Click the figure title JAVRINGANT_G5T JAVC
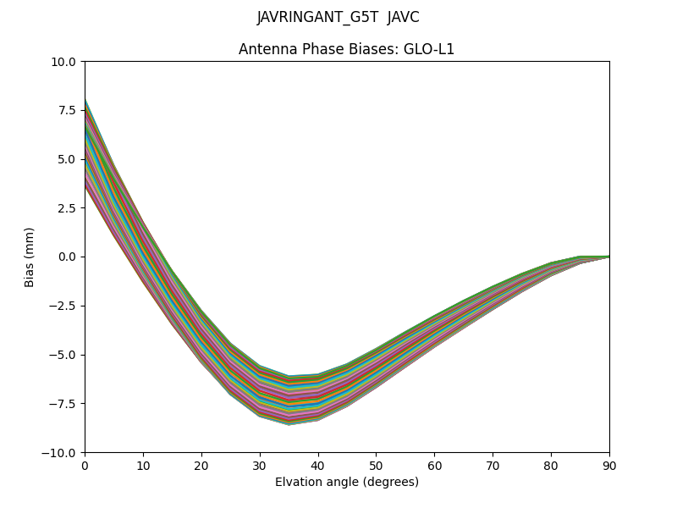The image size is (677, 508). pos(338,18)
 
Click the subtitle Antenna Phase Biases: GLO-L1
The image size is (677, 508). pos(346,49)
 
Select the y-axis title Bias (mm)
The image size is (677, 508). pos(30,257)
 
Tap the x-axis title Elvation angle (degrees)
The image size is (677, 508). pos(346,483)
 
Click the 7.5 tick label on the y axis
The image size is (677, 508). pos(67,111)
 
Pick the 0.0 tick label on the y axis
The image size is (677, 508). pos(67,257)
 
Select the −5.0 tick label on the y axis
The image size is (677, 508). pos(63,355)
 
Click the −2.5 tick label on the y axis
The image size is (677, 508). pos(63,306)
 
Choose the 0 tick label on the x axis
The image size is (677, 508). pos(85,465)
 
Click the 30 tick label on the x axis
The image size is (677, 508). pos(260,465)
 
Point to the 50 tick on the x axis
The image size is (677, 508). pos(376,465)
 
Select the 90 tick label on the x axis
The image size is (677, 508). pos(609,465)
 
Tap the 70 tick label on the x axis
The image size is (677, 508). pos(493,465)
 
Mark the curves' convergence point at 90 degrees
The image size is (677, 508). pos(608,257)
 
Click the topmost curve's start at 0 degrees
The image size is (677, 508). pos(85,100)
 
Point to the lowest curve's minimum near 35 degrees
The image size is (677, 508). pos(289,423)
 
